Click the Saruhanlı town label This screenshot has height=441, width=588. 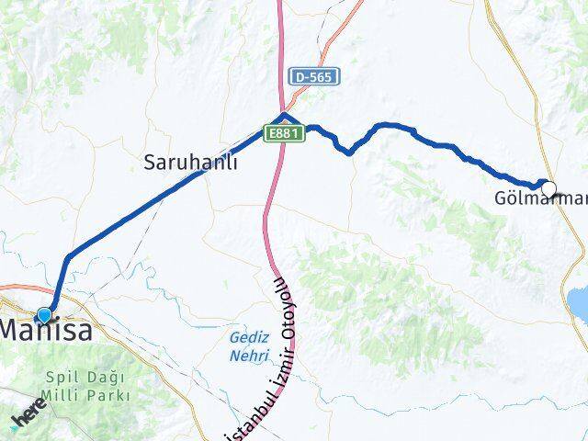(191, 163)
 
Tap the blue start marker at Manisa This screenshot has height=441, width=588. (43, 315)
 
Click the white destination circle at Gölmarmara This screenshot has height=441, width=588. (548, 189)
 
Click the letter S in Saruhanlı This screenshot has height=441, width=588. (150, 163)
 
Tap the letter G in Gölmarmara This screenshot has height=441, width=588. (501, 198)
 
